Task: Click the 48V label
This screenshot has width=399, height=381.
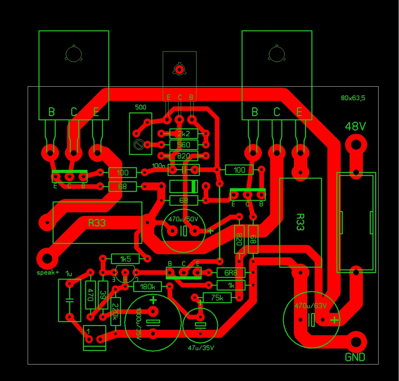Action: [x=355, y=126]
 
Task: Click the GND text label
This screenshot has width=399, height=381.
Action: [x=355, y=357]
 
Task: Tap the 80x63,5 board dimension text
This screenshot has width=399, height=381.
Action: [x=353, y=98]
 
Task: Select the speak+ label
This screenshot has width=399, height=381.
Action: [x=48, y=273]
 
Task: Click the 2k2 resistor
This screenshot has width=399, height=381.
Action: [x=184, y=134]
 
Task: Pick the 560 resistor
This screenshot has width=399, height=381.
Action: [x=184, y=145]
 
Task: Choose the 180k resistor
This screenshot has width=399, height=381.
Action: [x=147, y=287]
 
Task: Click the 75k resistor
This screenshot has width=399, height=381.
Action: [x=217, y=298]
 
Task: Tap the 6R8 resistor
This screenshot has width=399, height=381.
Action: [x=231, y=273]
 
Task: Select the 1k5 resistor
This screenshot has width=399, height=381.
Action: [x=125, y=259]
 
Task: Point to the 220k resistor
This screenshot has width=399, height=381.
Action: [x=116, y=312]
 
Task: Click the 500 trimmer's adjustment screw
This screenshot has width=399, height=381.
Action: [x=139, y=145]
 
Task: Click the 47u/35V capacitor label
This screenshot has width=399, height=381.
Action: [x=201, y=348]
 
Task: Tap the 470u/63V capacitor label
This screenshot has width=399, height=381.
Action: [x=311, y=306]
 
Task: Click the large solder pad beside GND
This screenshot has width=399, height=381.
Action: [x=356, y=342]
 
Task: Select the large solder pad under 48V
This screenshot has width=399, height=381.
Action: [x=356, y=145]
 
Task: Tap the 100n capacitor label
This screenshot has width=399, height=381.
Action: [x=158, y=166]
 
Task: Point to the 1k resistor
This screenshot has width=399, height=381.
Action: [x=231, y=285]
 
